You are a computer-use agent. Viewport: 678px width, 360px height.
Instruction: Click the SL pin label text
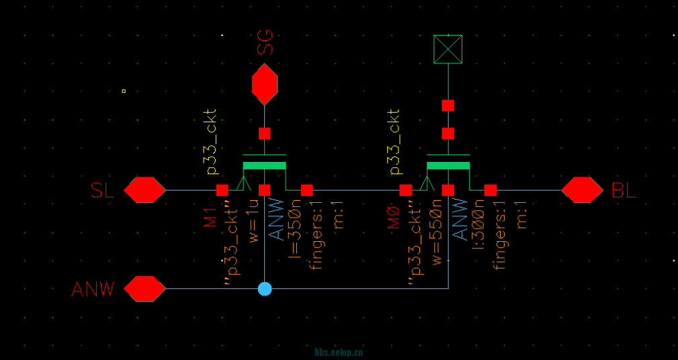click(102, 191)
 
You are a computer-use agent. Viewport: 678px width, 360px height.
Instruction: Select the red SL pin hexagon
click(144, 190)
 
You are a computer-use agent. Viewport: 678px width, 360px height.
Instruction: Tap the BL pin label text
click(624, 191)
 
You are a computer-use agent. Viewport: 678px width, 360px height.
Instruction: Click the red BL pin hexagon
click(582, 190)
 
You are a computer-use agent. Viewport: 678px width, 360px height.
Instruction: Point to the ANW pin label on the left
click(93, 289)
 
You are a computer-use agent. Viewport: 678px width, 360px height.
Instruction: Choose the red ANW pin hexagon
click(144, 289)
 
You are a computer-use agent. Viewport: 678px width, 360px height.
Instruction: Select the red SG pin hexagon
click(265, 84)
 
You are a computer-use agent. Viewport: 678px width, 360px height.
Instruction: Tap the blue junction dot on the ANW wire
click(265, 289)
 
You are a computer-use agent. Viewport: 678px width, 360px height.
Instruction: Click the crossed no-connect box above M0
click(448, 49)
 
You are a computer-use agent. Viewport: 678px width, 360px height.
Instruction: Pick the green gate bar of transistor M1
click(264, 165)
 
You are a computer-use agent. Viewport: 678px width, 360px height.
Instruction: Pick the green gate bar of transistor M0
click(448, 165)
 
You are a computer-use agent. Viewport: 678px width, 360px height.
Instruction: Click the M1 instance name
click(210, 217)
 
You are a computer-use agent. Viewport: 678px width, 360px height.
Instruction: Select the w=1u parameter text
click(253, 221)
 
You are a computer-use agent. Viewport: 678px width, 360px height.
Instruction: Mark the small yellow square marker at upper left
click(124, 91)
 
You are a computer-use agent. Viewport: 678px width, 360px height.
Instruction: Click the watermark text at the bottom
click(339, 352)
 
